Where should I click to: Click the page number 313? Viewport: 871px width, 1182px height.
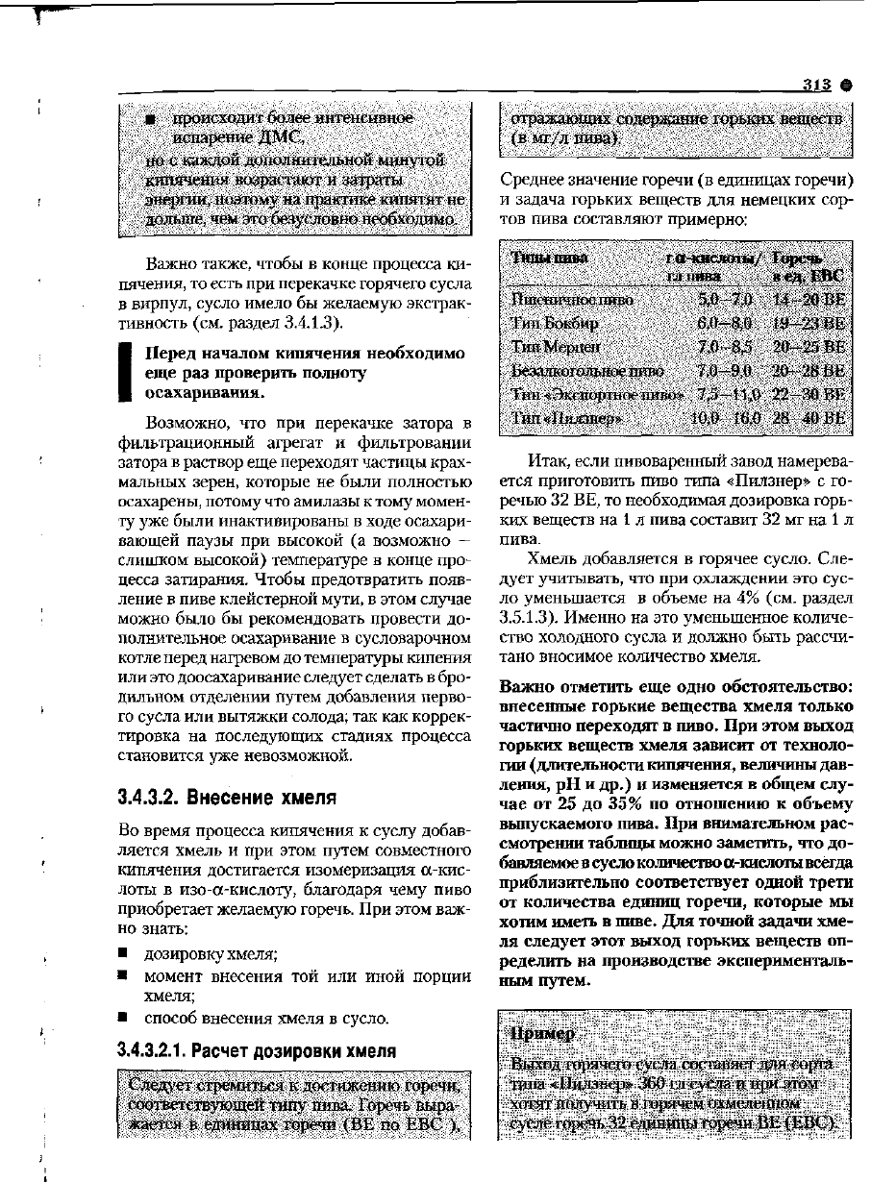pyautogui.click(x=816, y=85)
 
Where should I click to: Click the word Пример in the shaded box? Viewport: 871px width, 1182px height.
pyautogui.click(x=544, y=1033)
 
